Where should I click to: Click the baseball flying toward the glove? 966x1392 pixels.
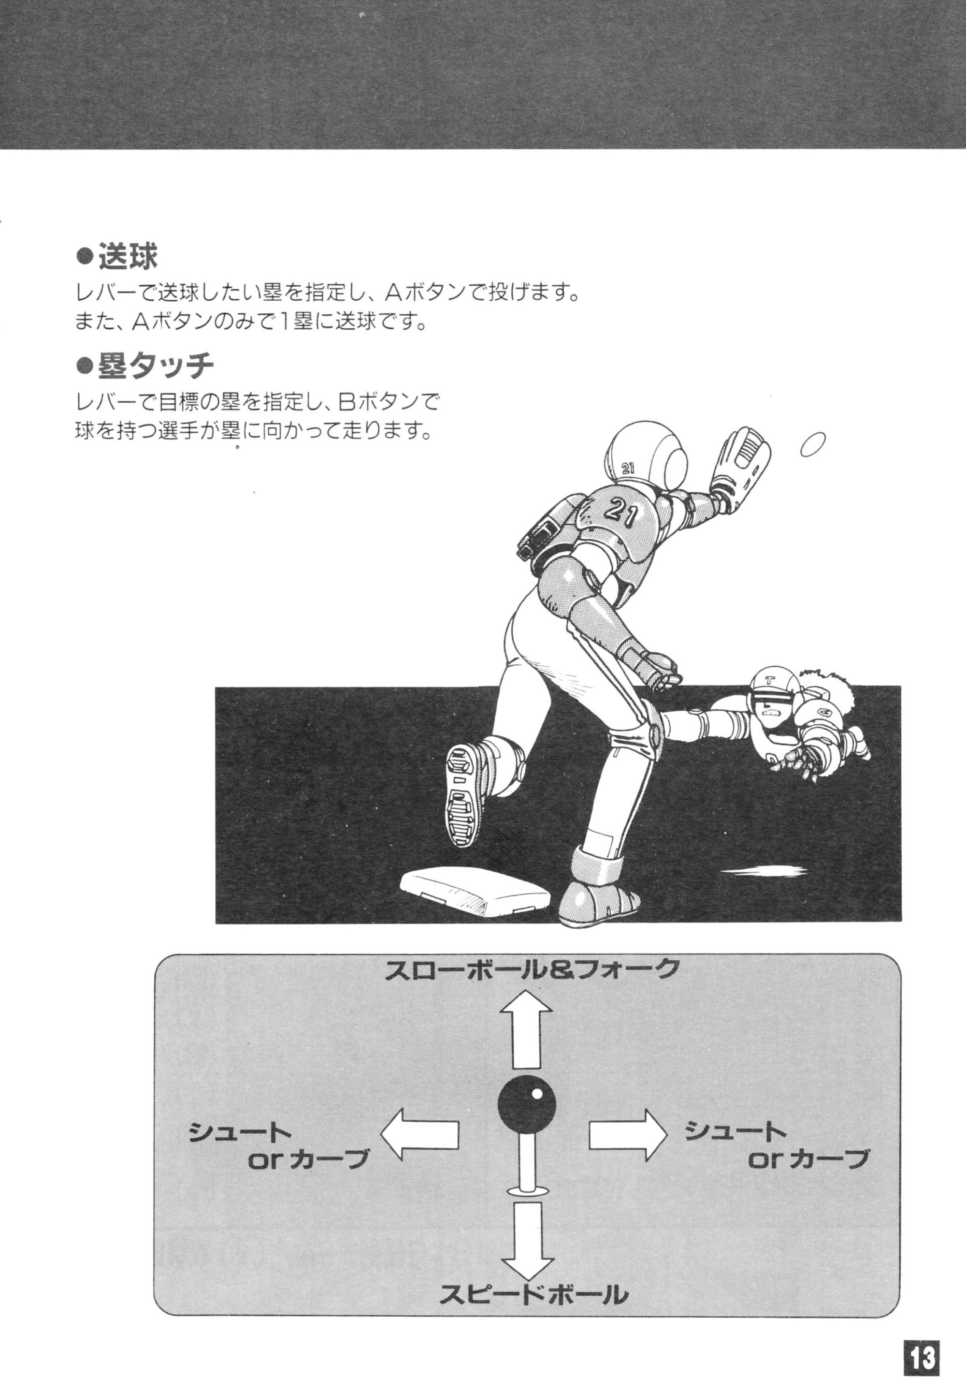pos(813,445)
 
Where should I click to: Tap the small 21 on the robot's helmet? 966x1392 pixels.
pos(628,468)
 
